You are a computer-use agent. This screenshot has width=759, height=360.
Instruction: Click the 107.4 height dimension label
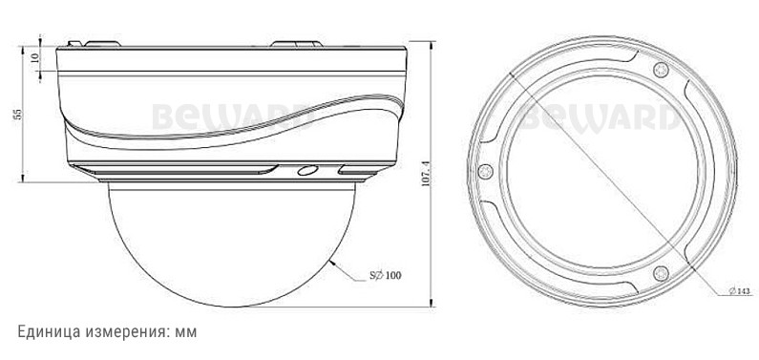click(426, 174)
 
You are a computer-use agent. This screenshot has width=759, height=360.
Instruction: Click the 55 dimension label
click(18, 115)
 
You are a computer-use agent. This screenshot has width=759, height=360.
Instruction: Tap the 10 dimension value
click(33, 57)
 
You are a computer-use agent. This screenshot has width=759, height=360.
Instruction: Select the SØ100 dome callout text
click(386, 276)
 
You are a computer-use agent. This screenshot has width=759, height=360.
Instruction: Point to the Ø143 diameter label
click(739, 291)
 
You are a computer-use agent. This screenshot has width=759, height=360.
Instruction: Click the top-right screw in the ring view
click(661, 70)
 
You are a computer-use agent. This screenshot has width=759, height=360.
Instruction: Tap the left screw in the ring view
click(485, 171)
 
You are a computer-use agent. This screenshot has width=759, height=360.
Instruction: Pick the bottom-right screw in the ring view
click(661, 273)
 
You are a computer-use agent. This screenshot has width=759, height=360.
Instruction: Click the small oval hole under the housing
click(307, 170)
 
